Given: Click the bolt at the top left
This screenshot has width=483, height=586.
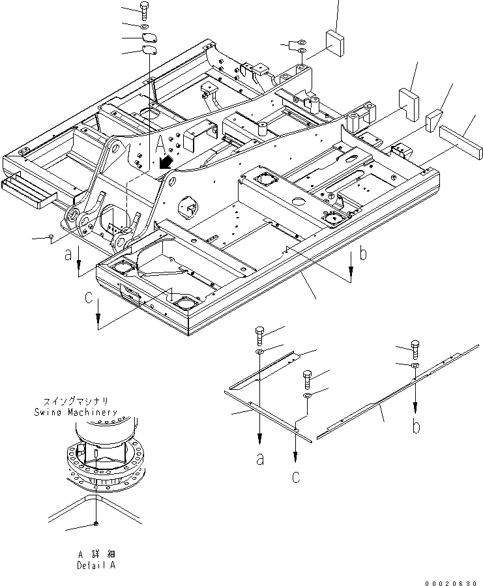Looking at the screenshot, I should click(144, 10).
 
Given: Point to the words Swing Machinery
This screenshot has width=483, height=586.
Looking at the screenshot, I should click(76, 413).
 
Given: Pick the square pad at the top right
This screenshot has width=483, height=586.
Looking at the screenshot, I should click(336, 42).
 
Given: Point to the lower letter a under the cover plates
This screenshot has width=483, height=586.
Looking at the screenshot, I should click(260, 460).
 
